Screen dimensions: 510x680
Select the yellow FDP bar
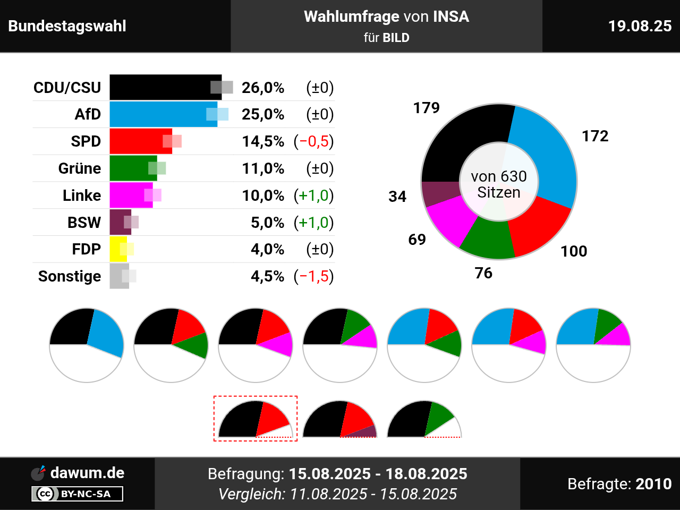tap(117, 249)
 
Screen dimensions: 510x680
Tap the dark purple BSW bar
tap(119, 222)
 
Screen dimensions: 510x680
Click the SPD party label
tap(86, 141)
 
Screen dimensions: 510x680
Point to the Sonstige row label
tap(70, 276)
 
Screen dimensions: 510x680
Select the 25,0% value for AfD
tap(263, 114)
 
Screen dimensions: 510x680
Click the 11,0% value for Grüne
tap(263, 168)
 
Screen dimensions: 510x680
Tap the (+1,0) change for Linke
tap(313, 195)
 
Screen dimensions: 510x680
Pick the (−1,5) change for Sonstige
tap(313, 276)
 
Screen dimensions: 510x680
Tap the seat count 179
tap(427, 108)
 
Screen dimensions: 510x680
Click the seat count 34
tap(397, 197)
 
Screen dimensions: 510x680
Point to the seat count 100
tap(574, 251)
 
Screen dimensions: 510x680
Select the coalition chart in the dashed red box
tap(256, 419)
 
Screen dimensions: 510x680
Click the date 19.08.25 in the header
tap(640, 26)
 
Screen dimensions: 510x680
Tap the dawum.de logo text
tap(87, 473)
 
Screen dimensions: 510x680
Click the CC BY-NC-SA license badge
tap(78, 494)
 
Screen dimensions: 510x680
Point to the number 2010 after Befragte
tap(653, 484)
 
